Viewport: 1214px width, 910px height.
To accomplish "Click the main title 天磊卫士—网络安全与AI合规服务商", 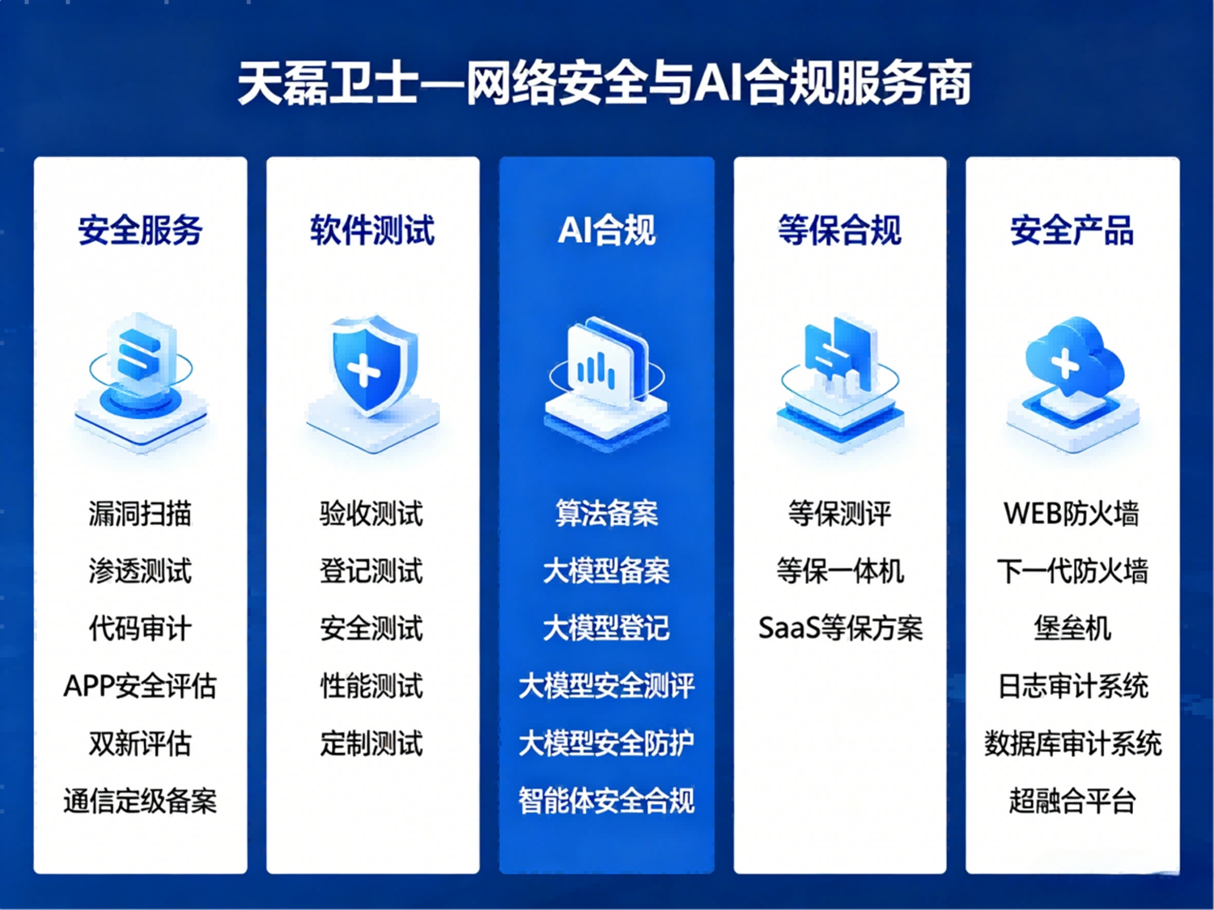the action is [x=604, y=84].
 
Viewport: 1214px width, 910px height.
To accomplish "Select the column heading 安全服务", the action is [x=140, y=230].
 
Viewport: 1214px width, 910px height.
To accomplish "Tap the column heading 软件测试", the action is [x=372, y=230].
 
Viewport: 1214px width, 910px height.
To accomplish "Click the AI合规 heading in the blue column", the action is [x=607, y=230].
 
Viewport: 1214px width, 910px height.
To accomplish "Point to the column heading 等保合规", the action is [x=839, y=230].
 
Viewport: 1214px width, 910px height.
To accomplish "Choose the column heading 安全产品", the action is [x=1072, y=230].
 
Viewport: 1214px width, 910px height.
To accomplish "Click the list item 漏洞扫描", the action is [x=140, y=514].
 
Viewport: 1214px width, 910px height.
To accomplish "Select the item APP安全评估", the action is [x=140, y=686].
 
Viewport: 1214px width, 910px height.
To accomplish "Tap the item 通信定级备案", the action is [x=140, y=801].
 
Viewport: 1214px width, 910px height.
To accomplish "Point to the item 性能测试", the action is [x=371, y=686].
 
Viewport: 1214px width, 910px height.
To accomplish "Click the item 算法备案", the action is [x=607, y=514].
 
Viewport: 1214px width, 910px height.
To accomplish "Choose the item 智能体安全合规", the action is [x=607, y=801].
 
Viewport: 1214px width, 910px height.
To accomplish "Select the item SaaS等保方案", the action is [x=840, y=629].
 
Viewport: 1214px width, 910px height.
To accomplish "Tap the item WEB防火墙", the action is [x=1072, y=514].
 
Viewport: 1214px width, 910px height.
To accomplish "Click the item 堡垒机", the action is [x=1072, y=629].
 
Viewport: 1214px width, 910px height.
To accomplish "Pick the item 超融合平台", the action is [x=1072, y=801].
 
